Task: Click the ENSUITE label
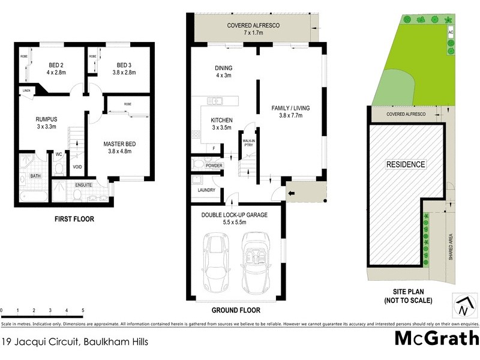(83, 185)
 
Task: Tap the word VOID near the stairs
(77, 167)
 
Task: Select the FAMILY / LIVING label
(290, 108)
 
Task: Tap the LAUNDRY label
(206, 190)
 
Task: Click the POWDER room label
(214, 166)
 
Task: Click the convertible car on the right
(254, 261)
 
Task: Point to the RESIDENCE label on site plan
(405, 164)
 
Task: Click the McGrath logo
(436, 340)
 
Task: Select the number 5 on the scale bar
(82, 310)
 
